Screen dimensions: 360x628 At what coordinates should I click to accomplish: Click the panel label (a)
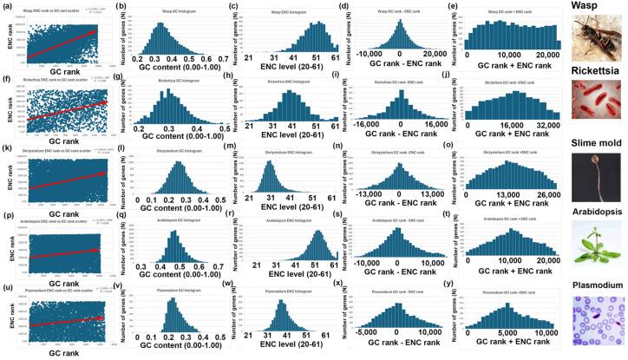pyautogui.click(x=9, y=6)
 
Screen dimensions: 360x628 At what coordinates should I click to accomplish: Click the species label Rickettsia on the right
pyautogui.click(x=593, y=73)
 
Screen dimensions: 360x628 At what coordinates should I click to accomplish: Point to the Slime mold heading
pyautogui.click(x=594, y=142)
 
